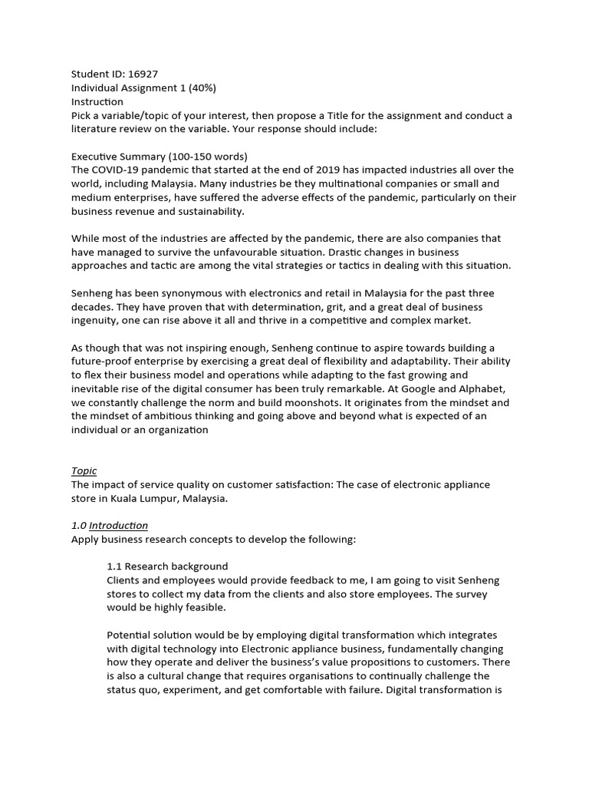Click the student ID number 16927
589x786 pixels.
coord(150,74)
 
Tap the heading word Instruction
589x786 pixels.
coord(97,102)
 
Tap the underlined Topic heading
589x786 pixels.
coord(84,471)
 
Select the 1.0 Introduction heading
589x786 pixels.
coord(110,526)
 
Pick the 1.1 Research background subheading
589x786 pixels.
coord(167,566)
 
